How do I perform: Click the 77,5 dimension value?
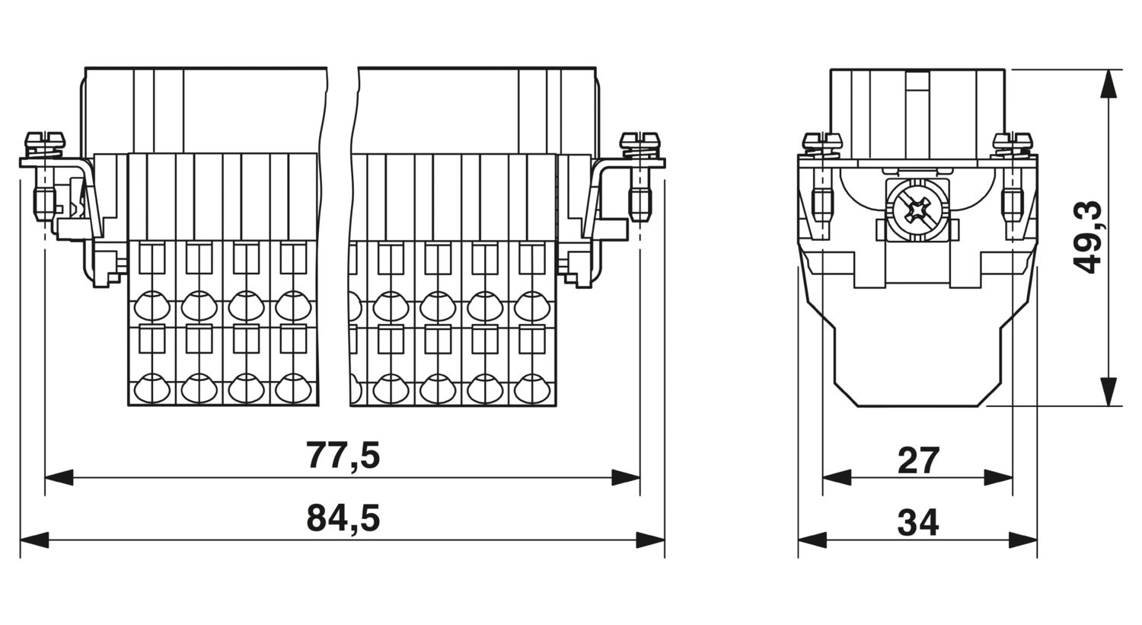[x=343, y=455]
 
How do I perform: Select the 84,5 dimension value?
[x=343, y=518]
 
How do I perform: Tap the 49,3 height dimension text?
[x=1087, y=238]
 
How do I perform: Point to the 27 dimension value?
[x=917, y=460]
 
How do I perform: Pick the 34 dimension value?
[x=917, y=523]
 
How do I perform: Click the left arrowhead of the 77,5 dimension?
[x=59, y=478]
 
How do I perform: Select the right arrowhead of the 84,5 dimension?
[x=650, y=540]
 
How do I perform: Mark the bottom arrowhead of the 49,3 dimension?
[x=1109, y=392]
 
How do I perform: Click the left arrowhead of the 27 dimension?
[x=837, y=478]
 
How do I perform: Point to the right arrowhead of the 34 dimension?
[x=1023, y=540]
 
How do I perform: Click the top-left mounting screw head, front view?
[x=46, y=139]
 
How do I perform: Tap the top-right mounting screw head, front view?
[x=640, y=139]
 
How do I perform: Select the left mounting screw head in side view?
[x=821, y=139]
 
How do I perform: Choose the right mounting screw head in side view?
[x=1013, y=139]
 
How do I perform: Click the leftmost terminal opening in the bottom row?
[x=152, y=388]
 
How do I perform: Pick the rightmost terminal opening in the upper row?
[x=531, y=305]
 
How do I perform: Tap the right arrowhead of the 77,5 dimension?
[x=626, y=478]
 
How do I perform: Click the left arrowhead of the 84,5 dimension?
[x=34, y=540]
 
